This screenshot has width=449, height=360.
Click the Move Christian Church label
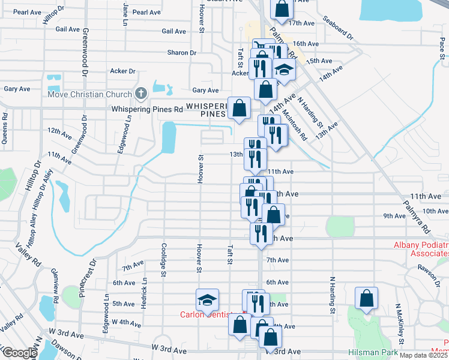click(89, 94)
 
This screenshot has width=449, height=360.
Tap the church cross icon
click(140, 94)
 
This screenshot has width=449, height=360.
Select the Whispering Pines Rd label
click(147, 110)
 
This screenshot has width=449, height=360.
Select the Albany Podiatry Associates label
click(421, 250)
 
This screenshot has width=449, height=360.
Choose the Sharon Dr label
click(182, 53)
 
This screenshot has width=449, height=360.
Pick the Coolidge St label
click(163, 259)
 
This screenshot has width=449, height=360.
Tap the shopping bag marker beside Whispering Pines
click(239, 109)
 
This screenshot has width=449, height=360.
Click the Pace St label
click(441, 45)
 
